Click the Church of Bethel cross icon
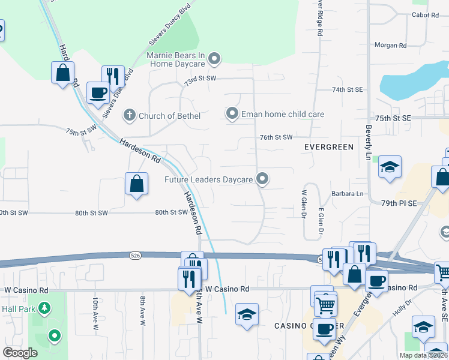click(x=129, y=115)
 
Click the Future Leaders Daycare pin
click(x=262, y=178)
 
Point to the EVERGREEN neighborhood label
click(x=330, y=147)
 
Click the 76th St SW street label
click(x=276, y=137)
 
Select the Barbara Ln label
click(x=348, y=194)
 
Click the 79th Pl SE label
click(x=399, y=203)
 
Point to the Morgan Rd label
click(x=390, y=45)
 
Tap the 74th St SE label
click(x=348, y=89)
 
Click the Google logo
click(x=20, y=353)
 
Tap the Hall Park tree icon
click(x=44, y=308)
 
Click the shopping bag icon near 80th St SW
click(x=137, y=184)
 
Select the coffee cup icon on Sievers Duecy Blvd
click(x=98, y=93)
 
